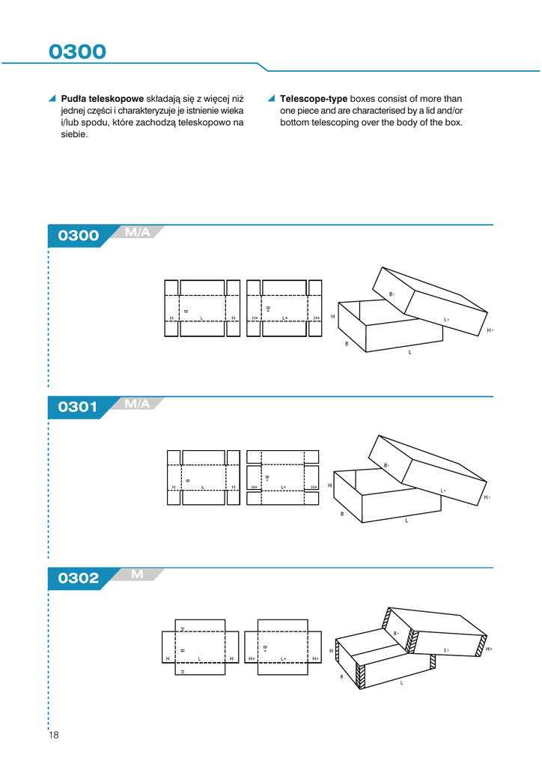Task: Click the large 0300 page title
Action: (x=77, y=52)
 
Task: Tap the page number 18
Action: (x=53, y=735)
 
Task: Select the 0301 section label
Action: (x=78, y=407)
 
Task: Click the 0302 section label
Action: (x=78, y=578)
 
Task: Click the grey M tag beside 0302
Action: (x=137, y=575)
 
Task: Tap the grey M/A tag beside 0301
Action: (x=138, y=404)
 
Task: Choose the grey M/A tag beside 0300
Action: (x=138, y=232)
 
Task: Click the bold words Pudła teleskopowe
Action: (x=102, y=99)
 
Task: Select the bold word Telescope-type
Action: (x=314, y=99)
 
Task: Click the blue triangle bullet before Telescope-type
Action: (x=272, y=99)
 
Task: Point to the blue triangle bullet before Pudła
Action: (x=52, y=99)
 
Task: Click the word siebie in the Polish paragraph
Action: (x=74, y=135)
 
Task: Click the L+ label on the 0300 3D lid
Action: (x=447, y=320)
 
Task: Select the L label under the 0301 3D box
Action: (x=406, y=521)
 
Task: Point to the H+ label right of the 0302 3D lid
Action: (x=489, y=649)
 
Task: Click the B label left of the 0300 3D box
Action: (x=347, y=344)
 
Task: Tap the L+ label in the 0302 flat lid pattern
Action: (x=284, y=658)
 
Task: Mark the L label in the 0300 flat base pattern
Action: (x=201, y=318)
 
